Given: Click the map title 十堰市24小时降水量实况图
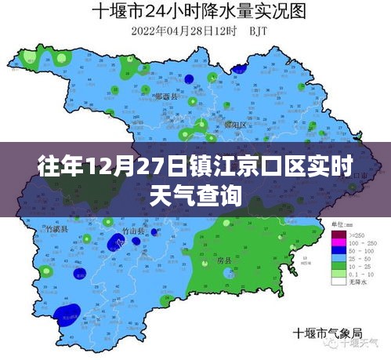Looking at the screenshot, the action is click(x=196, y=12).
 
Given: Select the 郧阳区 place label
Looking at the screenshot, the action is click(x=212, y=125).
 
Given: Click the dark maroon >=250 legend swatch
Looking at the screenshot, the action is click(x=339, y=234).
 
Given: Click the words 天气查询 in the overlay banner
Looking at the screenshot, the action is click(x=195, y=194).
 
